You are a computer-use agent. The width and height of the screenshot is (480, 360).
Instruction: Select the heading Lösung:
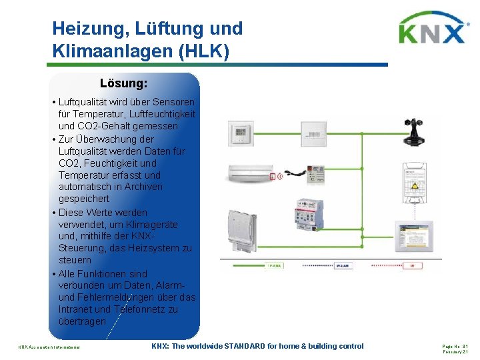coord(123,84)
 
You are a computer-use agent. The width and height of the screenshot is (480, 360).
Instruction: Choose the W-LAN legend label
coord(342,265)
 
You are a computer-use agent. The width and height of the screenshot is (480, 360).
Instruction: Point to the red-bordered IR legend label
coord(411,265)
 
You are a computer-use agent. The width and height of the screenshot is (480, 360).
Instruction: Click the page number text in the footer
coord(456,345)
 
